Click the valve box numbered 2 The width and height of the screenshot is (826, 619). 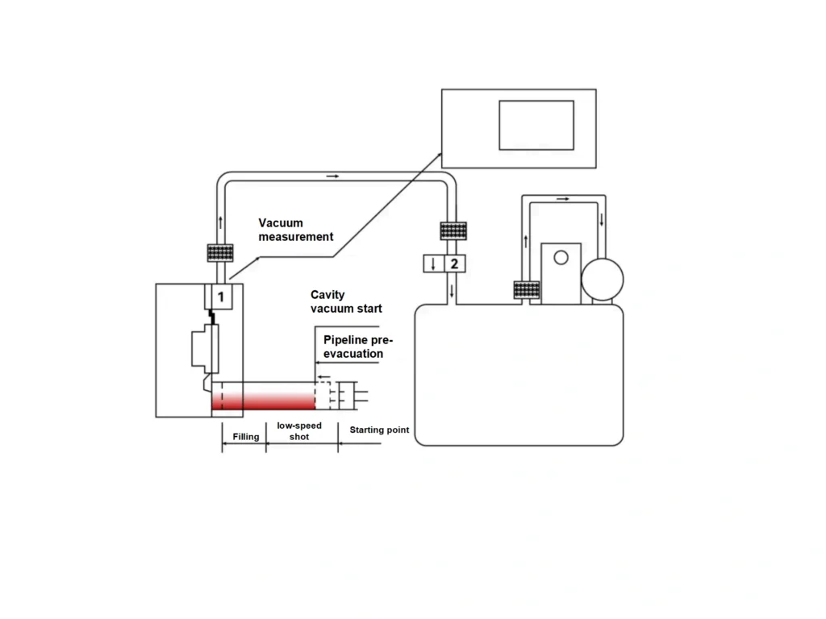(x=454, y=264)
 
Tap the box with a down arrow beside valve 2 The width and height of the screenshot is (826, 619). (x=433, y=264)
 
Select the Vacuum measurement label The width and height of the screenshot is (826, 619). (x=295, y=230)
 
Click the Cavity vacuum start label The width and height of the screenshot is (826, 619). (x=346, y=301)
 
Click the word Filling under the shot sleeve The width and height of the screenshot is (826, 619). (x=246, y=437)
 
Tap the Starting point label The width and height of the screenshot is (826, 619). (x=379, y=430)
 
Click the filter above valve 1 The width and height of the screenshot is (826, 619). (x=220, y=252)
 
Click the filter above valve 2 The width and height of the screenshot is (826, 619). (x=453, y=231)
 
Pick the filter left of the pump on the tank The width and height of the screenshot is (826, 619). (x=526, y=289)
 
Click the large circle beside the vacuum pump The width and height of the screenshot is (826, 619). (x=602, y=279)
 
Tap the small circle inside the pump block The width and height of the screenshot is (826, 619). (x=561, y=257)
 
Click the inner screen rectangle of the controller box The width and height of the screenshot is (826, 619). (x=536, y=125)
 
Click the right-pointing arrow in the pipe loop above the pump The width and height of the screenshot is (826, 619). (x=562, y=198)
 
